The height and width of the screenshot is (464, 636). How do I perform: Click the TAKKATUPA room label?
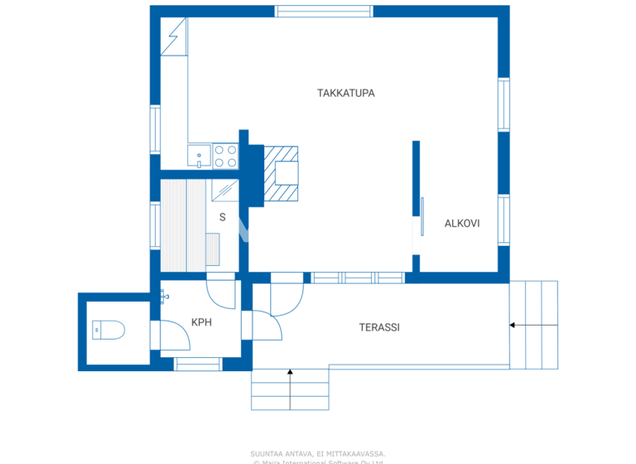pyautogui.click(x=345, y=93)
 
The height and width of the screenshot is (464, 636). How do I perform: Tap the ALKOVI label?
pyautogui.click(x=462, y=224)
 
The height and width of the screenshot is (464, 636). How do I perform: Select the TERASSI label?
pyautogui.click(x=379, y=327)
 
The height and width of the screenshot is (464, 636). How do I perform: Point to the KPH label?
pyautogui.click(x=202, y=322)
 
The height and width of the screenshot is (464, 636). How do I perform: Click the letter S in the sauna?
pyautogui.click(x=222, y=218)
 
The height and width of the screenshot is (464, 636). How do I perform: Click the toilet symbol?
pyautogui.click(x=108, y=330)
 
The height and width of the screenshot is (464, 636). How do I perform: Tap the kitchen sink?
pyautogui.click(x=199, y=156)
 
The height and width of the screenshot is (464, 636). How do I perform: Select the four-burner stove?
pyautogui.click(x=226, y=156)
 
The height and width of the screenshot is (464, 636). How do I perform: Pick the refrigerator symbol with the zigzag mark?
pyautogui.click(x=174, y=37)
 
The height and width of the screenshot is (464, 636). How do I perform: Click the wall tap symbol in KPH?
pyautogui.click(x=164, y=295)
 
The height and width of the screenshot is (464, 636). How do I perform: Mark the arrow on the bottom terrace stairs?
pyautogui.click(x=290, y=375)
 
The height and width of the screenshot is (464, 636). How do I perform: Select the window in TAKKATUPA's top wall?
pyautogui.click(x=324, y=12)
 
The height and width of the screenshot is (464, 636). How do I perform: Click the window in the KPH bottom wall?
pyautogui.click(x=198, y=364)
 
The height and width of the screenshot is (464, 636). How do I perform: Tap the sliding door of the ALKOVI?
pyautogui.click(x=422, y=216)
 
